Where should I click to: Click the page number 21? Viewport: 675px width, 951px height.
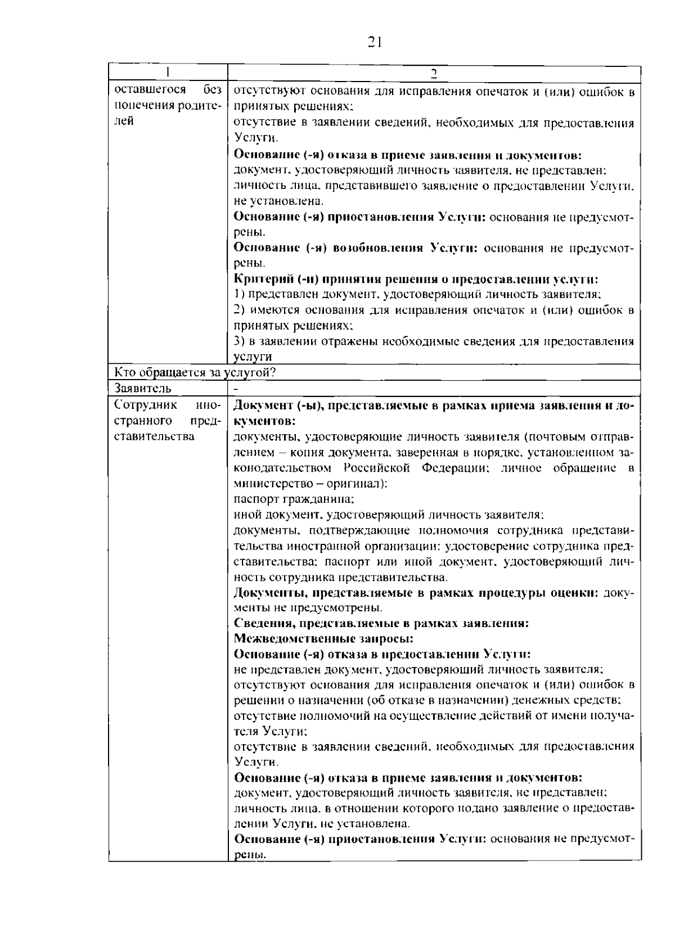point(375,42)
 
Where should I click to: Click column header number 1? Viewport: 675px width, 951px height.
point(168,73)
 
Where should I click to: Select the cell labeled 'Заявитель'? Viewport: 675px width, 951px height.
point(143,388)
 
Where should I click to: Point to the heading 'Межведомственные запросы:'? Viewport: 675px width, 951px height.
point(323,639)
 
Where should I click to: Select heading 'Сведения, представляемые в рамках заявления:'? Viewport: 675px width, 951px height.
point(381,623)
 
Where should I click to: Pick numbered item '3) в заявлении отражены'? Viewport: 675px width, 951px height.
point(433,341)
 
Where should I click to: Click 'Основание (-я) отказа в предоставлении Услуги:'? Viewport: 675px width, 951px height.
point(382,654)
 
